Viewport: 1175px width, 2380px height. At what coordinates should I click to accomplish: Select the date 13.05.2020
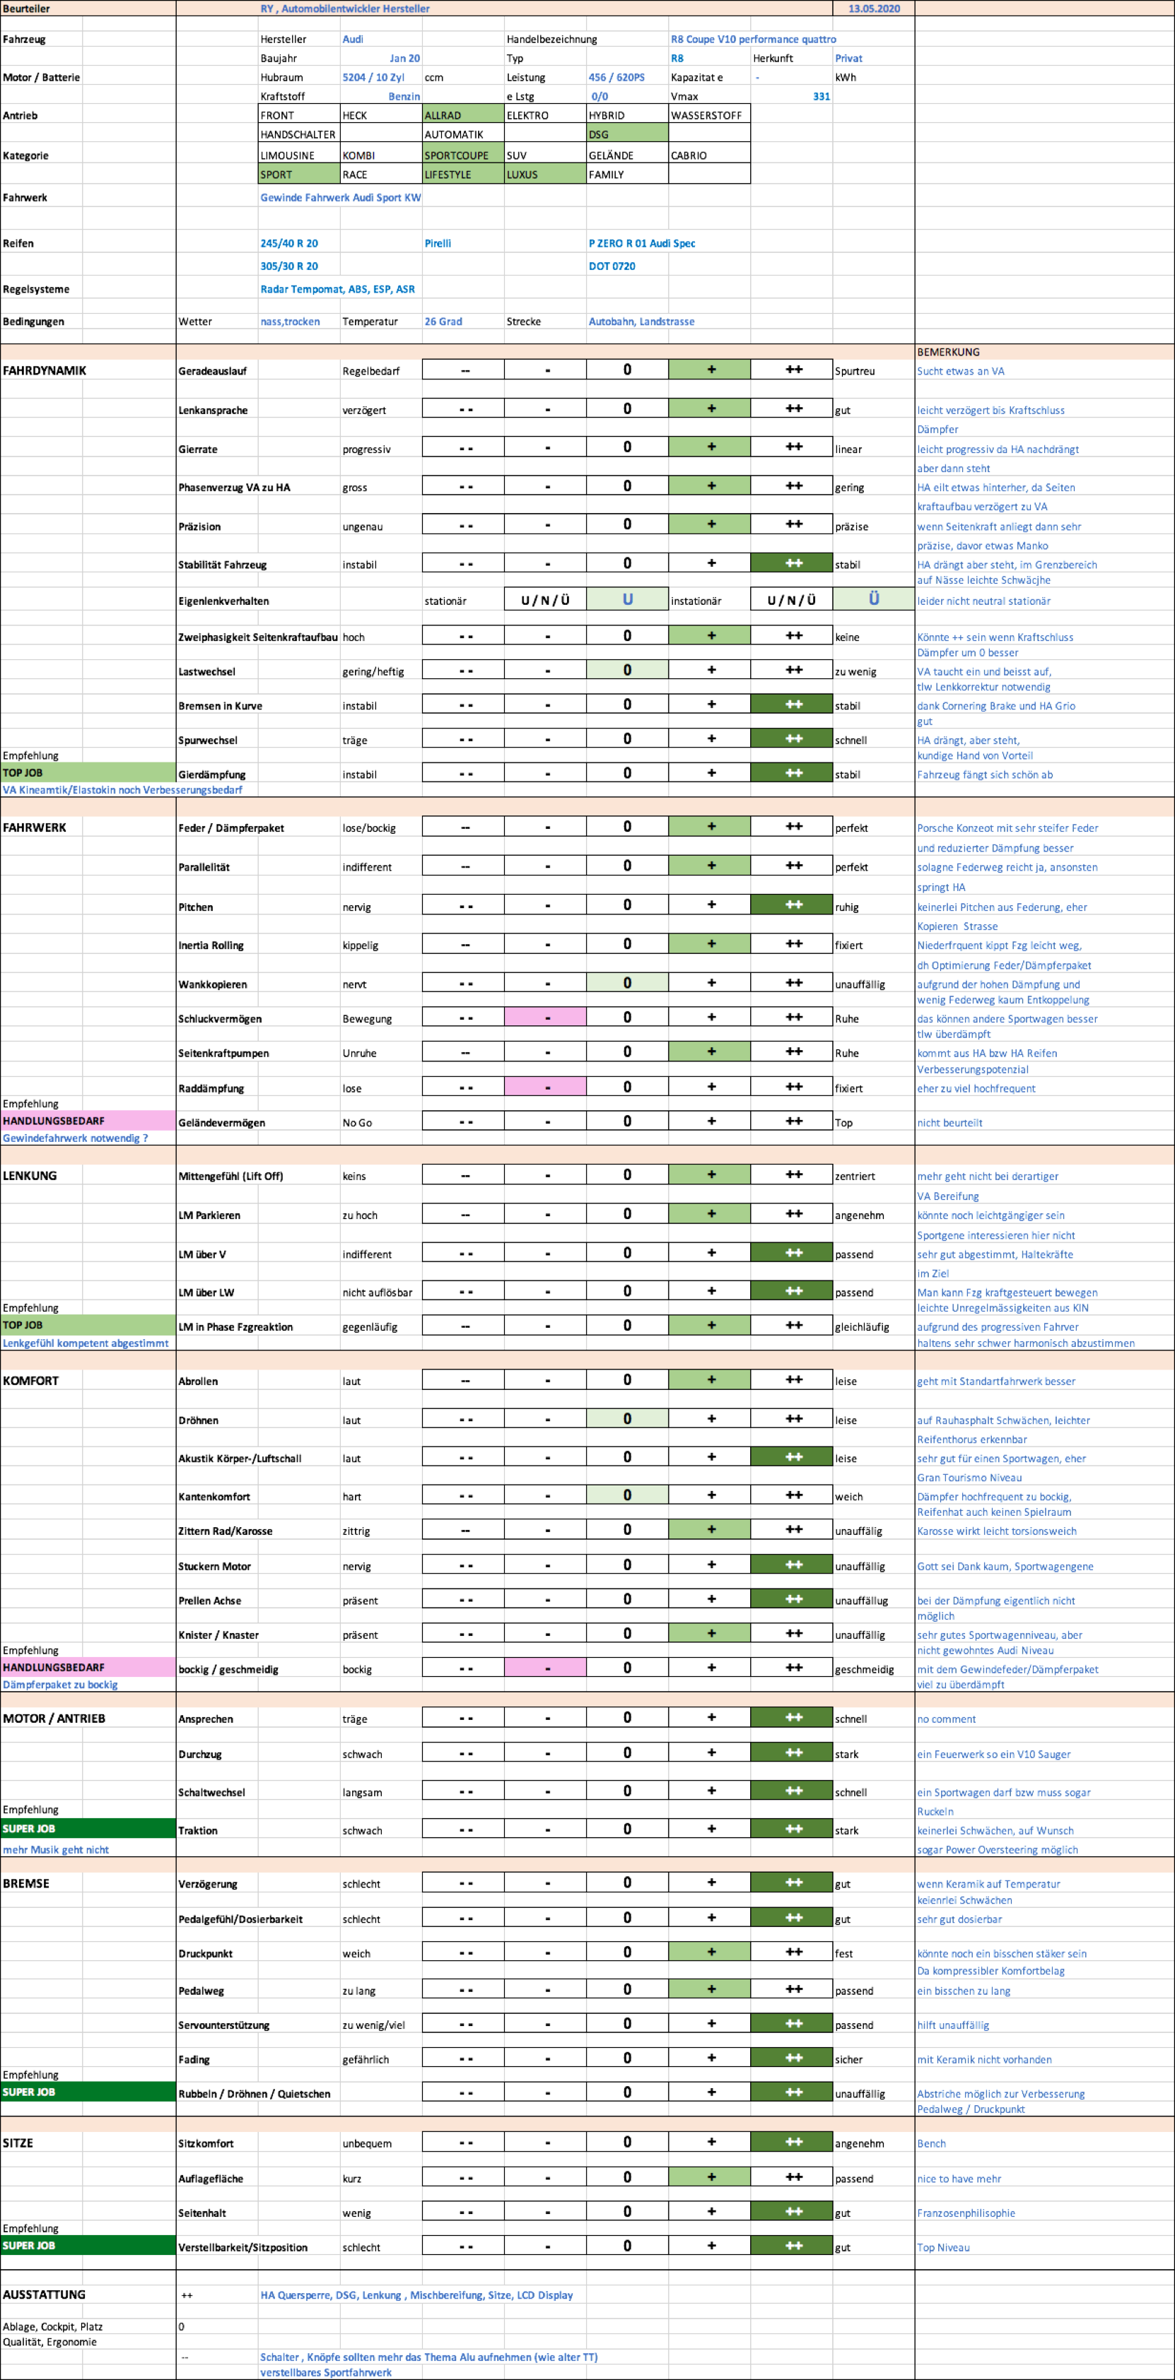pos(874,8)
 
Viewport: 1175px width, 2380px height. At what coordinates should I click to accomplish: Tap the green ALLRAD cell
pos(462,114)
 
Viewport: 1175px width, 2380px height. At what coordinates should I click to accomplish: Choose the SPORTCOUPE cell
pos(462,154)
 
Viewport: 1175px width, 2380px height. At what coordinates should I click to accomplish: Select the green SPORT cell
pos(298,174)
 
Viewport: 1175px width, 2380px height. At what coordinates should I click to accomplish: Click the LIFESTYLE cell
pos(462,174)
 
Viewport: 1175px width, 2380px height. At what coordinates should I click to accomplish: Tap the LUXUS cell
pos(544,174)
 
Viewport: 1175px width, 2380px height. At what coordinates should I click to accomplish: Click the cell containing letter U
pos(627,599)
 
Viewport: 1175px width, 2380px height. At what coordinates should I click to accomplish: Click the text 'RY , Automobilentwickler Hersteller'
pos(345,8)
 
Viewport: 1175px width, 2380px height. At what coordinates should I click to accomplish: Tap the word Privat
pos(848,58)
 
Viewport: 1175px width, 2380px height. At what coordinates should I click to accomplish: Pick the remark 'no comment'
pos(946,1719)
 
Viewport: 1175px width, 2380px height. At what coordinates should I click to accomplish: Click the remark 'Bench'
pos(931,2143)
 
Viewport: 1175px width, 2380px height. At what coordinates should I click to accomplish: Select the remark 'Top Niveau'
pos(943,2247)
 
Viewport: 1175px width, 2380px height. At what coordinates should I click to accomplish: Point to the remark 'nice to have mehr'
pos(959,2178)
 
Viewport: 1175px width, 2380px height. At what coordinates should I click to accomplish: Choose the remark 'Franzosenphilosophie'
pos(965,2213)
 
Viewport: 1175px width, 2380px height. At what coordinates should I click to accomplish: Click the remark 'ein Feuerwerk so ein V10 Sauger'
pos(993,1754)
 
